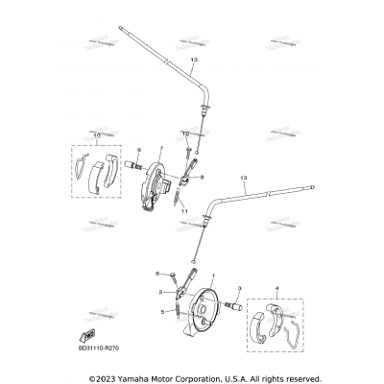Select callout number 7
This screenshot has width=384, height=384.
point(162,148)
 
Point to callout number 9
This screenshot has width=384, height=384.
point(138,150)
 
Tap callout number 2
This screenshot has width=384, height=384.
point(159,291)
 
